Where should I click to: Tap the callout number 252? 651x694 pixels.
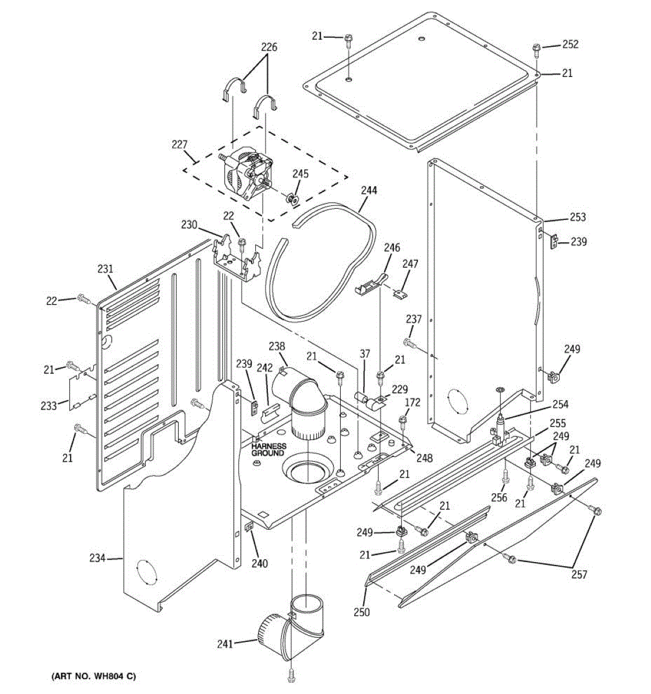point(570,45)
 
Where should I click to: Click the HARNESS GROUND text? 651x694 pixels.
point(268,449)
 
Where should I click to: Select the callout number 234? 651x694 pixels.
point(97,558)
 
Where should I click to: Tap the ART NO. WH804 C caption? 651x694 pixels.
point(94,676)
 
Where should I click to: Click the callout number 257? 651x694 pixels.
point(579,574)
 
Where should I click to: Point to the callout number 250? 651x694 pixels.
point(362,612)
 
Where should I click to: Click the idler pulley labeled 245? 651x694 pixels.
point(293,200)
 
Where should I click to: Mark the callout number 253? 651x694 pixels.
point(578,217)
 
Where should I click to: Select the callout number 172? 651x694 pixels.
point(413,403)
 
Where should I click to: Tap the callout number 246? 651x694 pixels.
point(392,249)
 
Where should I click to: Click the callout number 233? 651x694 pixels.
point(49,406)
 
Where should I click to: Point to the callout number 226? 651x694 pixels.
point(269,47)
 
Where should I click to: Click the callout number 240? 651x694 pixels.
point(260,563)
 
